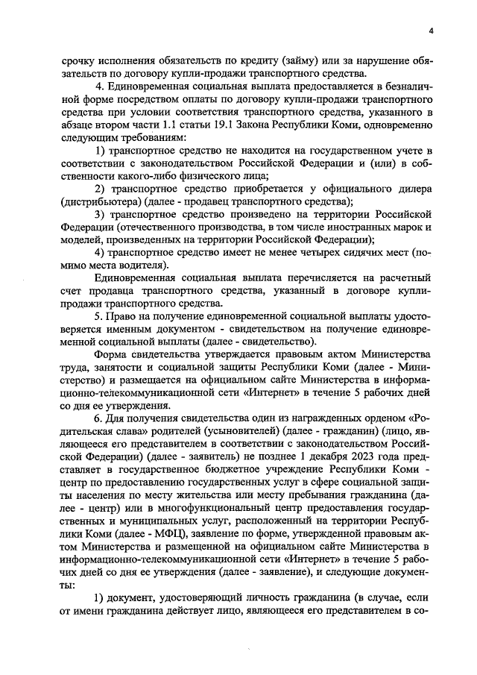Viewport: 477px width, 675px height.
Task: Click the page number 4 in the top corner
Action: click(430, 31)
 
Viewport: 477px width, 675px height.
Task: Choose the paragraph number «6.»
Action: click(98, 419)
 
